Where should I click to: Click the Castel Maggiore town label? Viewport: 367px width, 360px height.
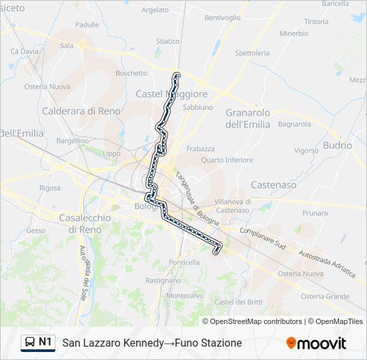pyautogui.click(x=171, y=94)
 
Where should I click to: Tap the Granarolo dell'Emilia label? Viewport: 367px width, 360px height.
pyautogui.click(x=248, y=118)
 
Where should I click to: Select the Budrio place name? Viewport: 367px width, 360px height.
pyautogui.click(x=337, y=145)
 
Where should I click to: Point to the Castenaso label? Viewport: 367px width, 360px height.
pyautogui.click(x=274, y=185)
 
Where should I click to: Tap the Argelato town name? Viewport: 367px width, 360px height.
pyautogui.click(x=155, y=10)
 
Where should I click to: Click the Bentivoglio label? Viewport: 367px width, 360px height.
pyautogui.click(x=222, y=17)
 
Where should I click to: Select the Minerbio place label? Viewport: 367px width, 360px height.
pyautogui.click(x=294, y=33)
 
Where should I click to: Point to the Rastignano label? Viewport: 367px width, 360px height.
pyautogui.click(x=163, y=281)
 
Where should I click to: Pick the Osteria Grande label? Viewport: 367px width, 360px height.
pyautogui.click(x=325, y=296)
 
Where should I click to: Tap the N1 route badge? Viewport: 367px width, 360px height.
pyautogui.click(x=38, y=342)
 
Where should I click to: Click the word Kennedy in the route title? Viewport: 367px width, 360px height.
pyautogui.click(x=141, y=343)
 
